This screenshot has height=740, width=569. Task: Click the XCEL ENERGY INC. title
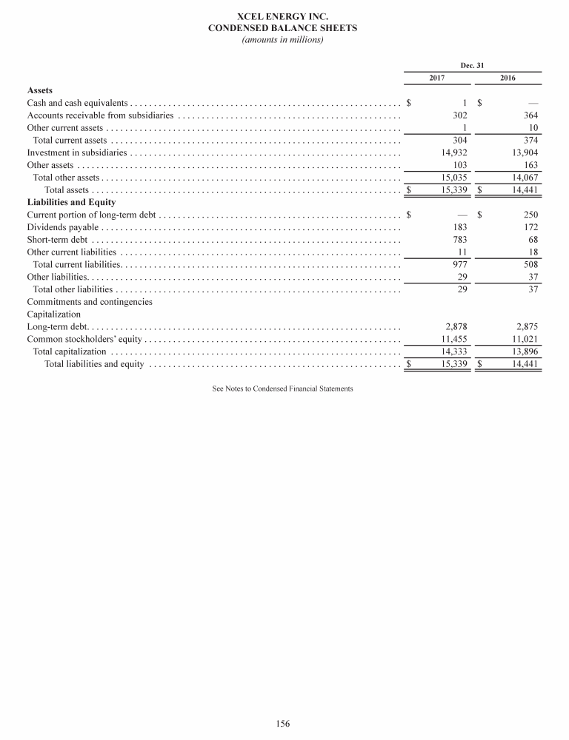(x=284, y=16)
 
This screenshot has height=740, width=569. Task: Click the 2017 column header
(x=437, y=78)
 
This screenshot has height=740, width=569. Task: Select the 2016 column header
(x=508, y=78)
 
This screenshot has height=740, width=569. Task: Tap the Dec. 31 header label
(x=472, y=65)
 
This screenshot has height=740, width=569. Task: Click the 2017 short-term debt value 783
(x=459, y=239)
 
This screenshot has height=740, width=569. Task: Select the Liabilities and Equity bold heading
(x=71, y=201)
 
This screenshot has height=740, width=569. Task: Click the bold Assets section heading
(x=40, y=90)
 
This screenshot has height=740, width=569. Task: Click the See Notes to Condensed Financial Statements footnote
(x=283, y=388)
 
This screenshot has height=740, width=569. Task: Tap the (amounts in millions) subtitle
(x=284, y=39)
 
